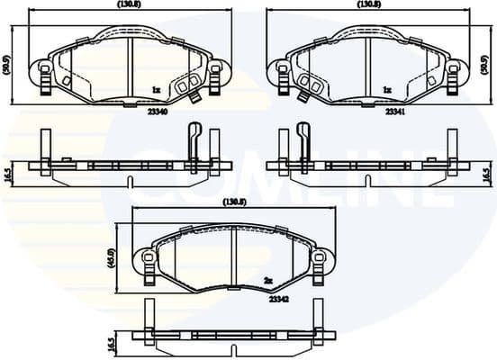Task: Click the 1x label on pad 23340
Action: point(156,90)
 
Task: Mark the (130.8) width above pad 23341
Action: point(368,5)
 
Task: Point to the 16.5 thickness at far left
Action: point(8,173)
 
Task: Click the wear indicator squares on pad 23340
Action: point(185,86)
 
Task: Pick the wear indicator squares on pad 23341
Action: point(312,86)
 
